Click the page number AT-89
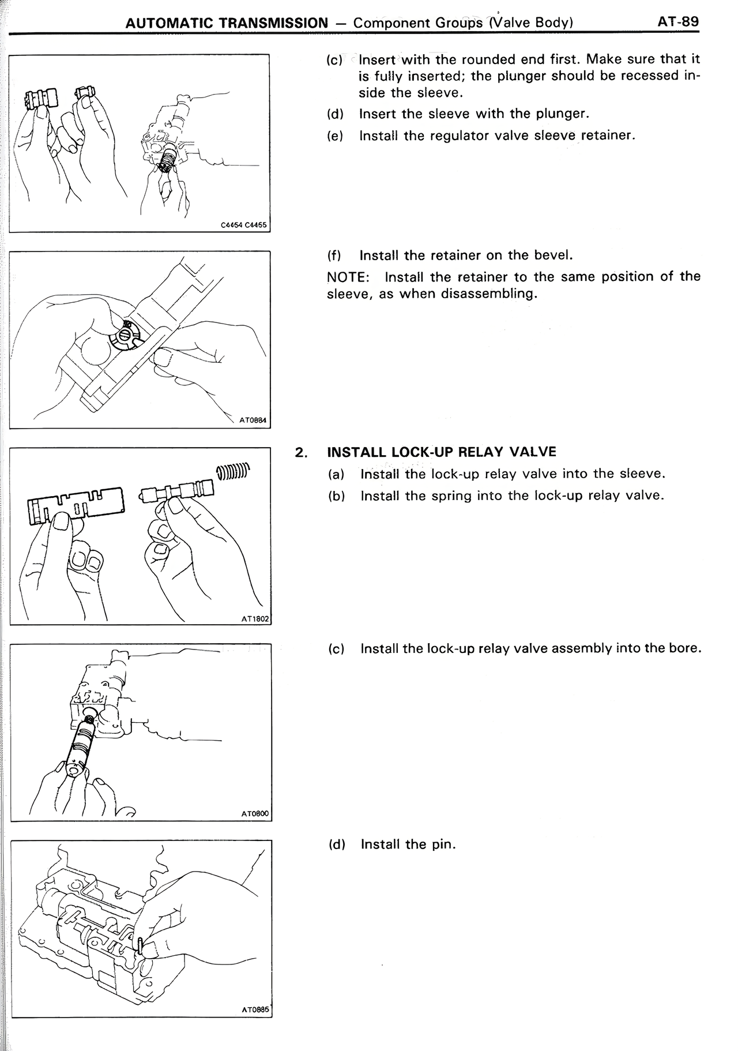click(x=677, y=22)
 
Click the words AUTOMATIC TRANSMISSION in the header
click(x=226, y=24)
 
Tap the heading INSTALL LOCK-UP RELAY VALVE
click(x=441, y=452)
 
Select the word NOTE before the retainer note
click(x=347, y=277)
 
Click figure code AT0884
click(x=253, y=421)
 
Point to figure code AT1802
click(x=255, y=618)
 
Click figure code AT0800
click(x=255, y=814)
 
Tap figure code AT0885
click(x=255, y=1009)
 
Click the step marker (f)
click(x=334, y=256)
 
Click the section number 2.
click(x=300, y=452)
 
